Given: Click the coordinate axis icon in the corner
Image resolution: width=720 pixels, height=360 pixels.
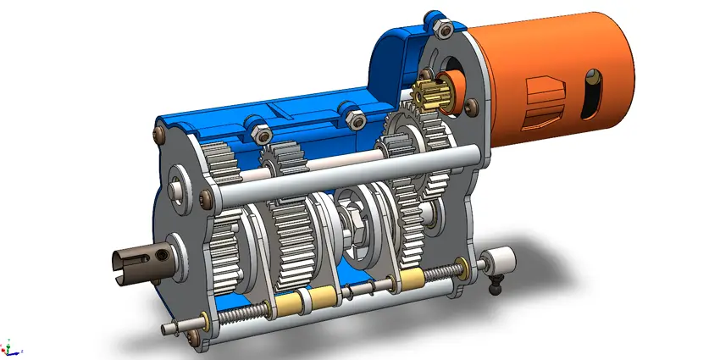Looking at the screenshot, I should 9,347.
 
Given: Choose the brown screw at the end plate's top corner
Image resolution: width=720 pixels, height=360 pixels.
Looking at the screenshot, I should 158,131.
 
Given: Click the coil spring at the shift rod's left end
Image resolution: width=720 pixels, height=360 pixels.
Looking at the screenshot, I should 241,318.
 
